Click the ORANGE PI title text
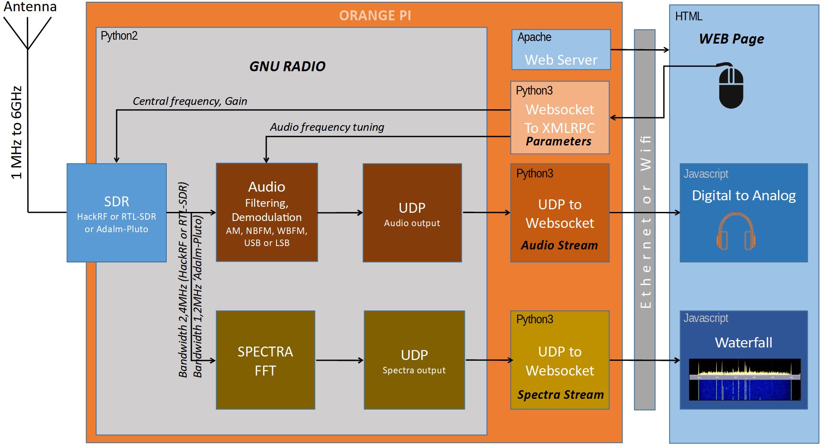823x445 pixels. click(375, 16)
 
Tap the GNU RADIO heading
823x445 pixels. click(287, 66)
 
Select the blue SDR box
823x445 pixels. click(117, 213)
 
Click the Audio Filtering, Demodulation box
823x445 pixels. click(267, 212)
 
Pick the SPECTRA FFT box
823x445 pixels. click(265, 360)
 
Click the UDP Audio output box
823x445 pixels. click(412, 213)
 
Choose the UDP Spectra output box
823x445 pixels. click(414, 360)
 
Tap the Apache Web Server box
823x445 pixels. click(561, 50)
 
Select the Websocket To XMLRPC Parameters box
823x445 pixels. click(559, 118)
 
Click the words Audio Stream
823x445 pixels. click(559, 245)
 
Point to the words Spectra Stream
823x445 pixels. click(560, 395)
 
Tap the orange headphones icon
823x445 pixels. click(736, 232)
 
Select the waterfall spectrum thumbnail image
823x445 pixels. click(744, 379)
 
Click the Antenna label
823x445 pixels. click(30, 6)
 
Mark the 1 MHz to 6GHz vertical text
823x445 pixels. click(16, 133)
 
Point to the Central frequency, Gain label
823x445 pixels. click(190, 101)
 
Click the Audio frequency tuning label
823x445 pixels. click(327, 127)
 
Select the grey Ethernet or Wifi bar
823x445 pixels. click(644, 220)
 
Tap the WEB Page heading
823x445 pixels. click(731, 39)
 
